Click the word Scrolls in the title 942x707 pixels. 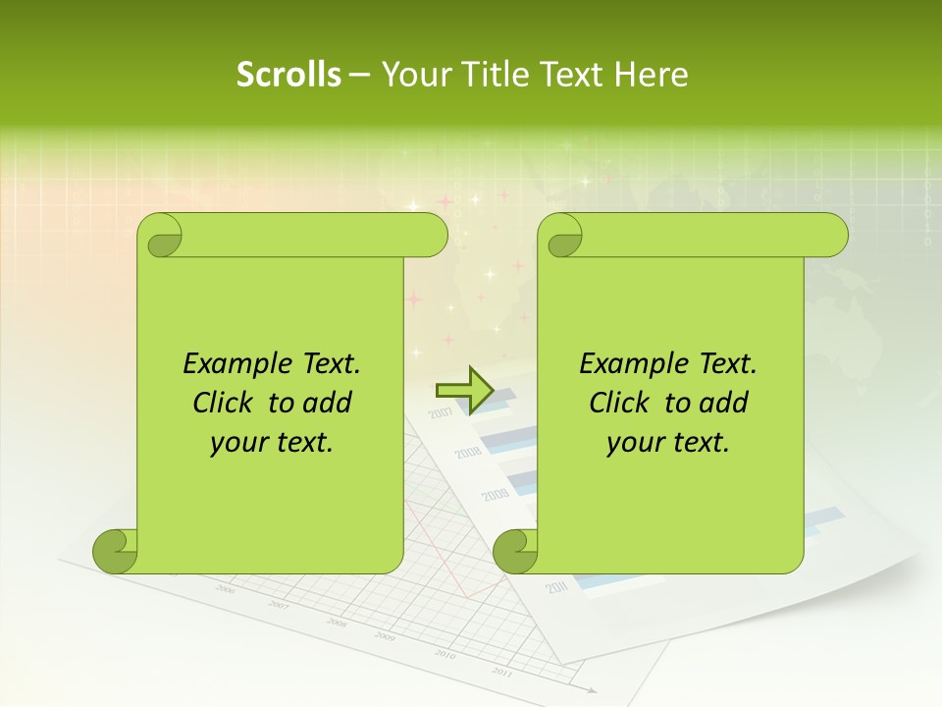click(x=288, y=75)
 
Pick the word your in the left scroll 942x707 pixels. click(x=237, y=443)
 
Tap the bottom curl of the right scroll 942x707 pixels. click(x=516, y=551)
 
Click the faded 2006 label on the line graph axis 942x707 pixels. click(x=225, y=589)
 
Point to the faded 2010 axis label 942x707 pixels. click(x=445, y=655)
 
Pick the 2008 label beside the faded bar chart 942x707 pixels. click(x=467, y=453)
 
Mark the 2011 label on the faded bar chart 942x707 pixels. click(x=557, y=587)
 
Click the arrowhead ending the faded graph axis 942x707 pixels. click(x=591, y=690)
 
